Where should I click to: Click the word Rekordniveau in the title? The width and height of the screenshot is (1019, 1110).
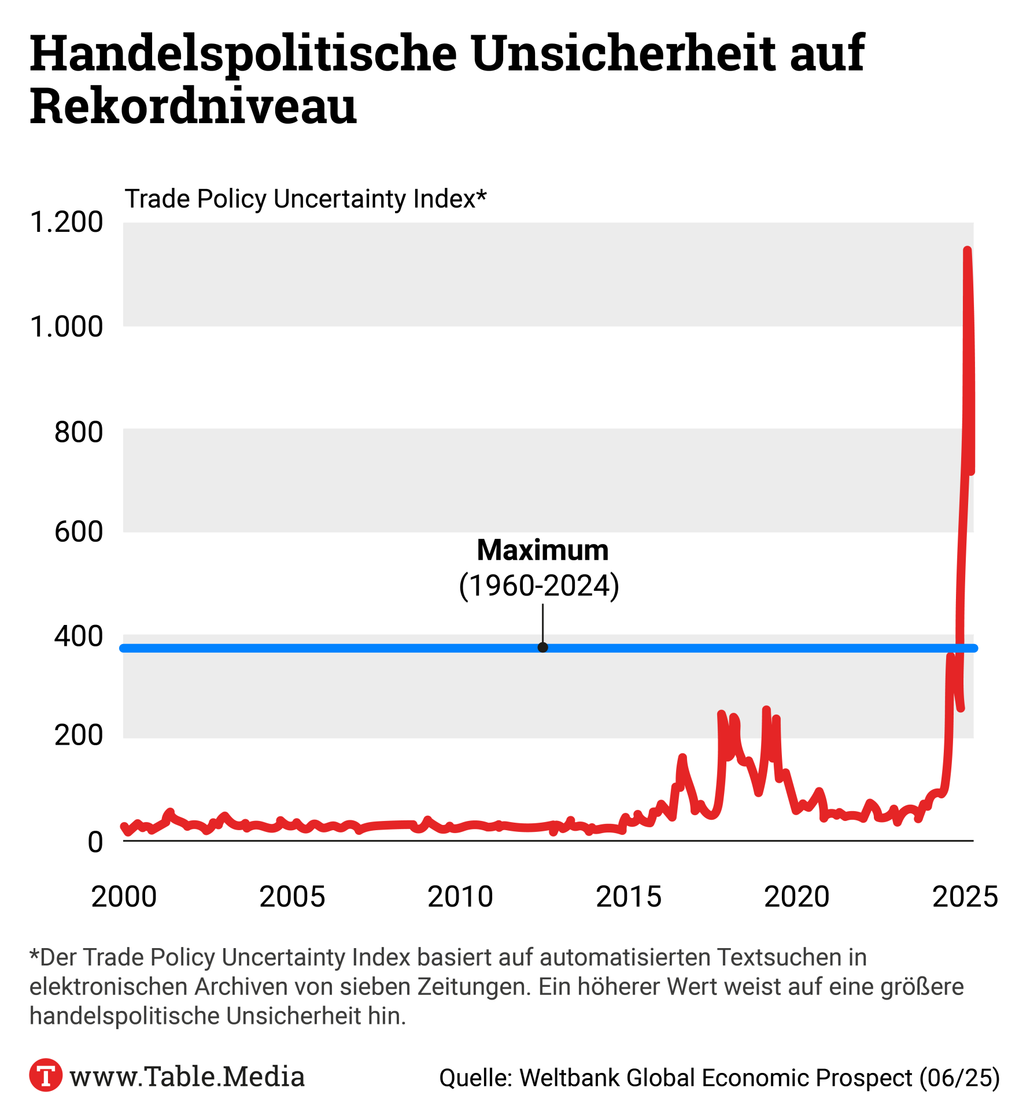tap(193, 106)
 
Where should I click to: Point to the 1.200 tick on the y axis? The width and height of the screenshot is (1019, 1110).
tap(66, 223)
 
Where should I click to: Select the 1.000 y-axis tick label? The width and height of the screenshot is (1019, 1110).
tap(66, 327)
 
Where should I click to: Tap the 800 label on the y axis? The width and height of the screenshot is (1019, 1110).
tap(79, 432)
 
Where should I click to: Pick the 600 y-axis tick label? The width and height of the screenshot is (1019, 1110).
tap(79, 532)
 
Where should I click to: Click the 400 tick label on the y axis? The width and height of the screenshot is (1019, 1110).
tap(79, 637)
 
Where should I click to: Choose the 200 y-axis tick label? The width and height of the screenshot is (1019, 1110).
tap(79, 736)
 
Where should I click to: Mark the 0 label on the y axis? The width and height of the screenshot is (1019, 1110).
tap(95, 842)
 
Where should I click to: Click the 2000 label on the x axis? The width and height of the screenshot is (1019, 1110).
tap(124, 897)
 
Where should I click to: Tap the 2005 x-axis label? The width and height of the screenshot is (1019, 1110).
tap(292, 897)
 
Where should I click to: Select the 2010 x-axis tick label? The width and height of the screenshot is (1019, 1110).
tap(460, 897)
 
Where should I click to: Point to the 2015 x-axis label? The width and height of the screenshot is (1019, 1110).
tap(629, 897)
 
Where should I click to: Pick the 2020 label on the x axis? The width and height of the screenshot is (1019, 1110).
tap(797, 897)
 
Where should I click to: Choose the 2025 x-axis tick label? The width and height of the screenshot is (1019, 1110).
tap(965, 897)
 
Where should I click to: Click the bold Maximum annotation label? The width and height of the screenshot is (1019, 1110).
tap(542, 550)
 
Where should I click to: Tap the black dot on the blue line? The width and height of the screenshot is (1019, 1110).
tap(542, 647)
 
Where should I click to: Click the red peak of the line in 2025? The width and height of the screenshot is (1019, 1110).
tap(967, 251)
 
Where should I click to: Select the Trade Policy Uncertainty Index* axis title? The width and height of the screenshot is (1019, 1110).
tap(305, 199)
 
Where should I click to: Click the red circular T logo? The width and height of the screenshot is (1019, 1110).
tap(46, 1075)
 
